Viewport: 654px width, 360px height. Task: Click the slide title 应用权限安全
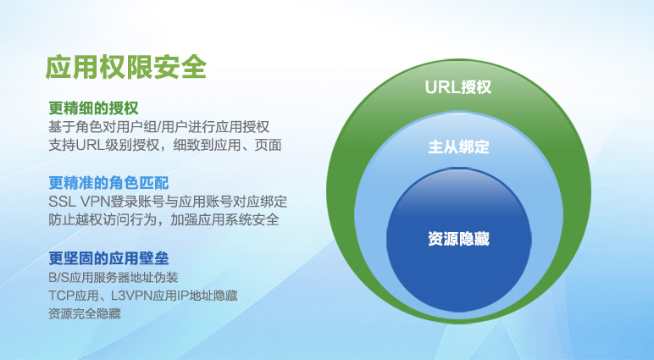[x=126, y=67]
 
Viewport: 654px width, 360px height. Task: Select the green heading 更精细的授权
[x=93, y=108]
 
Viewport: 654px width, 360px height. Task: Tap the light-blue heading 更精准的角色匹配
[x=108, y=183]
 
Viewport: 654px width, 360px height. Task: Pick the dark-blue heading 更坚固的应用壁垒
[x=108, y=258]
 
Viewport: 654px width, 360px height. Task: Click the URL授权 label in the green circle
[x=458, y=87]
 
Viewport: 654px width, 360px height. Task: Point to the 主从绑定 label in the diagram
[x=458, y=147]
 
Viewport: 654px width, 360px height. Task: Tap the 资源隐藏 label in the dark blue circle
[x=458, y=239]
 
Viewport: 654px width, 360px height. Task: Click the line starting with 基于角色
[x=159, y=127]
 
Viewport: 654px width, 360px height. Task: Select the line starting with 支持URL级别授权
[x=165, y=145]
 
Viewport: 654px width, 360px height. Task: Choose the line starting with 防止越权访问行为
[x=163, y=219]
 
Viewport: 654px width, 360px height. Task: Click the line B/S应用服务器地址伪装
[x=114, y=277]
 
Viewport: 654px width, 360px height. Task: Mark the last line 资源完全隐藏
[x=85, y=313]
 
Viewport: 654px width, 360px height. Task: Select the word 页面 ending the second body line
[x=269, y=145]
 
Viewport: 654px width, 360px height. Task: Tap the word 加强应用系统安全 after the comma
[x=224, y=219]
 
